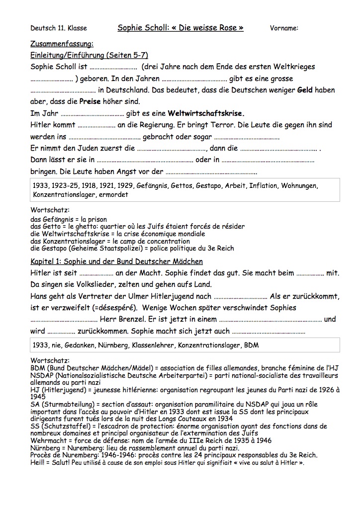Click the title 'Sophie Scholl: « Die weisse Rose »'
[180, 28]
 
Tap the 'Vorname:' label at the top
[284, 28]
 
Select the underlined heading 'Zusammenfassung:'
[62, 44]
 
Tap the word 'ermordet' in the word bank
[114, 195]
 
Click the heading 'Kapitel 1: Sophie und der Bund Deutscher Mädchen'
[116, 261]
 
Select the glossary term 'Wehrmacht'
[48, 440]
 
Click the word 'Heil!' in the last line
[38, 463]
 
